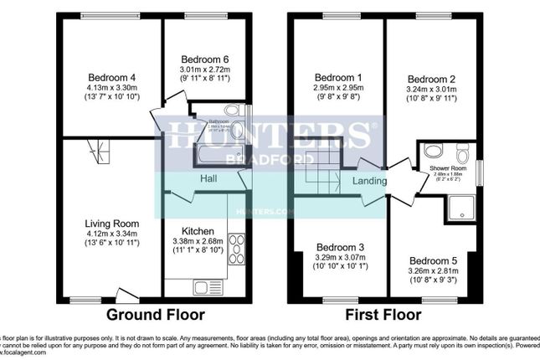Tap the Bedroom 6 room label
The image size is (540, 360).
click(205, 59)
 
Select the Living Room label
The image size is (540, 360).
click(111, 223)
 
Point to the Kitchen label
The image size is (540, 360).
click(198, 230)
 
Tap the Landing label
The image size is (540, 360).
click(369, 181)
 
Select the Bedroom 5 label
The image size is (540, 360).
click(430, 260)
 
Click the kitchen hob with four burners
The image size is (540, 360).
click(237, 249)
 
